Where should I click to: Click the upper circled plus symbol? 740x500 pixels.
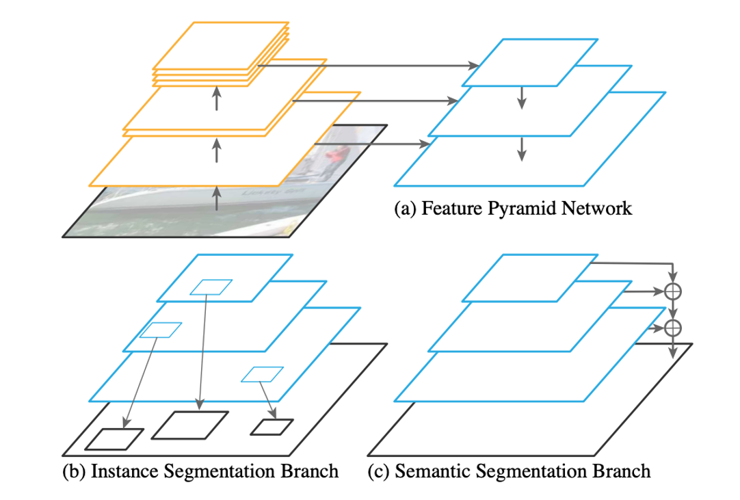674,291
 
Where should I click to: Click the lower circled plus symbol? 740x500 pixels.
674,328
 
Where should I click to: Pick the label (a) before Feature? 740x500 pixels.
406,209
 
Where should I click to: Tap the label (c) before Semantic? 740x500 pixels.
380,471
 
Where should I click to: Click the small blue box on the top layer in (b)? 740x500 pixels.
211,287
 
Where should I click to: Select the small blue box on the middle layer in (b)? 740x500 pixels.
161,330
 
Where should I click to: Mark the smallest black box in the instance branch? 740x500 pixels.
272,427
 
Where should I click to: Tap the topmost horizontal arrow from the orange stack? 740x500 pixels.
369,66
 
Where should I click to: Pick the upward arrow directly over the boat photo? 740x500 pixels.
217,198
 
